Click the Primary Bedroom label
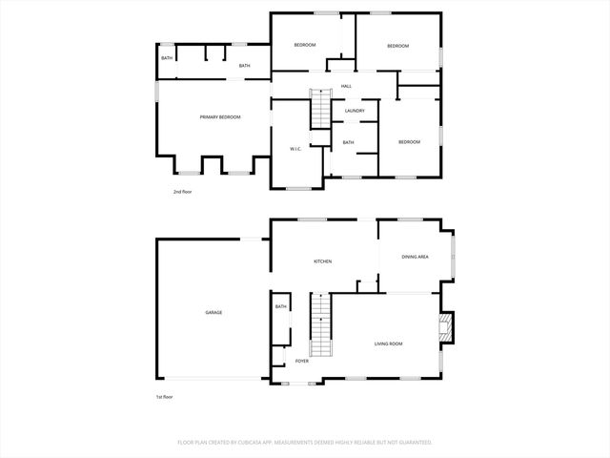219,116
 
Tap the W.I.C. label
295,148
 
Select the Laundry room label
355,111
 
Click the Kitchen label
323,260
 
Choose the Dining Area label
415,257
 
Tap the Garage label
213,312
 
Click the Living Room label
388,343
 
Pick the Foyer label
301,361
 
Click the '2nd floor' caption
182,192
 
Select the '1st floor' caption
165,396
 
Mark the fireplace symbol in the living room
444,329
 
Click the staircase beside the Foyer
321,324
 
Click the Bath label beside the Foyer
280,306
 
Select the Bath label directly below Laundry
348,143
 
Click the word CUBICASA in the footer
257,443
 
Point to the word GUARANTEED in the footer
411,443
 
